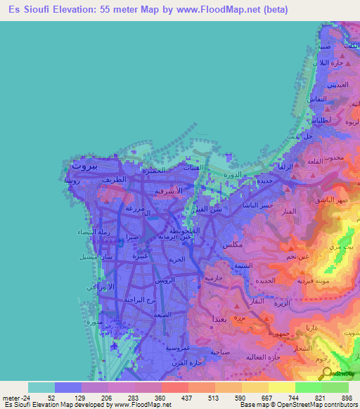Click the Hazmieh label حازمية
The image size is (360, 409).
point(212,278)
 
